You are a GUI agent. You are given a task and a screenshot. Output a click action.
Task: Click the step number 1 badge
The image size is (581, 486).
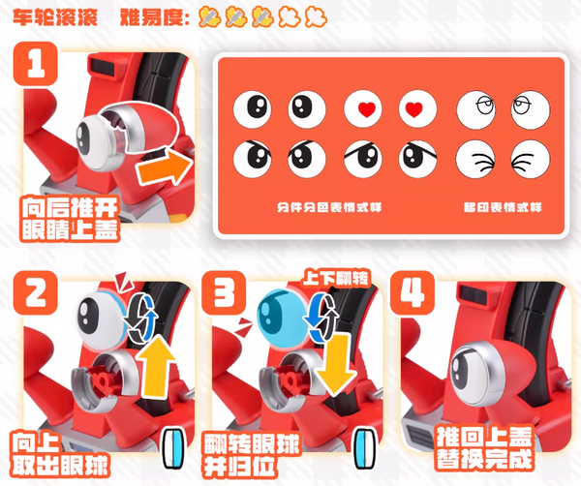pyautogui.click(x=35, y=64)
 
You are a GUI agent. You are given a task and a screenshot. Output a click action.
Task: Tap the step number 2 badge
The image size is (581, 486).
pyautogui.click(x=35, y=293)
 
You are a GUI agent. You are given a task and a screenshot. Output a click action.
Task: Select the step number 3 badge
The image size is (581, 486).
pyautogui.click(x=224, y=293)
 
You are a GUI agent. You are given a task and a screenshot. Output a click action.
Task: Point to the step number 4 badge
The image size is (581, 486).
pyautogui.click(x=413, y=293)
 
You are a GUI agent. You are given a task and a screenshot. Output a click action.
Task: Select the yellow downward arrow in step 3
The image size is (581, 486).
pyautogui.click(x=335, y=365)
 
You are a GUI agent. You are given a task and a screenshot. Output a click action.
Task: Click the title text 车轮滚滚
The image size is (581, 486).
pyautogui.click(x=55, y=16)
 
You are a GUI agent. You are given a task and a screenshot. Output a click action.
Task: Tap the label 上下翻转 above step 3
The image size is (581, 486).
pyautogui.click(x=336, y=278)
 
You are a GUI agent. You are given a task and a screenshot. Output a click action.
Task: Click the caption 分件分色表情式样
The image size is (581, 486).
pyautogui.click(x=329, y=207)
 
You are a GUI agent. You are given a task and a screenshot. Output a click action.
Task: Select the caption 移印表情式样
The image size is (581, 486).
pyautogui.click(x=503, y=207)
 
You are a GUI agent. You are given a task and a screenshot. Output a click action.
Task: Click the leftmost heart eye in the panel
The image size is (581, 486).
pyautogui.click(x=363, y=109)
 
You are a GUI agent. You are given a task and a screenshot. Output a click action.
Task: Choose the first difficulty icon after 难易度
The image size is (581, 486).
pyautogui.click(x=209, y=17)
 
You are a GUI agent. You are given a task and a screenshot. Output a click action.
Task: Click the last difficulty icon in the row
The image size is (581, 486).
pyautogui.click(x=316, y=17)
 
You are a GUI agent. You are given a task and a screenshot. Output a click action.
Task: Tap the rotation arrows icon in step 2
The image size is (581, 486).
pyautogui.click(x=140, y=318)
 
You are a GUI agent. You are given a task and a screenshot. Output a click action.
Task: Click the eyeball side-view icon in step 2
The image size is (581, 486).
pyautogui.click(x=173, y=448)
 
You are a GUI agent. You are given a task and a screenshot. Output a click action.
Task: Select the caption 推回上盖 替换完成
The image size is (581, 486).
pyautogui.click(x=483, y=448)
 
